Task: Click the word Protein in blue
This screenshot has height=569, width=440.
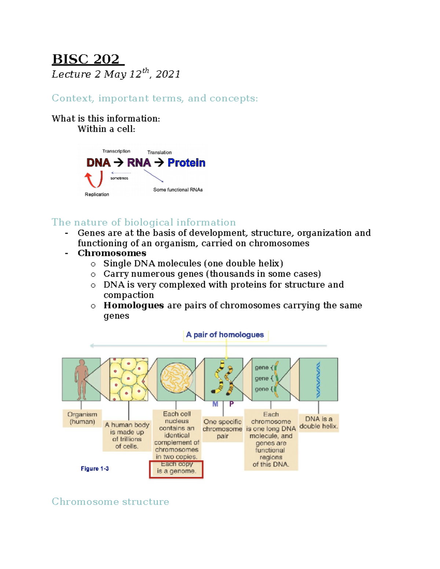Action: click(x=186, y=163)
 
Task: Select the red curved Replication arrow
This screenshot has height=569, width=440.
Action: click(x=94, y=180)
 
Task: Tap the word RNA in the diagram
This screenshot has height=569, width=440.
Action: click(x=139, y=163)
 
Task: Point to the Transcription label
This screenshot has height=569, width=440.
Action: click(x=116, y=151)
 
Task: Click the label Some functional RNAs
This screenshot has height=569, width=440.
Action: click(x=178, y=190)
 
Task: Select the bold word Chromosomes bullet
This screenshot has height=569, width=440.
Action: click(x=112, y=253)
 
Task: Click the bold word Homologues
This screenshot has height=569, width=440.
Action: click(x=133, y=305)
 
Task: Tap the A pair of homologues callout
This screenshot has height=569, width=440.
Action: click(x=225, y=335)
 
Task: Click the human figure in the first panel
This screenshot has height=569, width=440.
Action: click(x=81, y=379)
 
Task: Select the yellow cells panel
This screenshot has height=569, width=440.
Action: click(x=129, y=379)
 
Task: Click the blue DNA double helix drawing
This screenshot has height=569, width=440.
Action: click(x=318, y=380)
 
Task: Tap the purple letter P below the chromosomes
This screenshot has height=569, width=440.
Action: click(x=231, y=404)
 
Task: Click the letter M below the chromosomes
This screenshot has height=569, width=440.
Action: click(x=215, y=404)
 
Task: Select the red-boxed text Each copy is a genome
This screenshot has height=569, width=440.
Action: click(x=176, y=469)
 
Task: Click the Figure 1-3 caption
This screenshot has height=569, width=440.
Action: click(x=95, y=469)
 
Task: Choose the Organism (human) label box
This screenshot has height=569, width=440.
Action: click(x=82, y=418)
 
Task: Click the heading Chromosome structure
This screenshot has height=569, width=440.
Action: click(x=110, y=501)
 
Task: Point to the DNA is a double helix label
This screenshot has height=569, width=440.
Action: click(x=318, y=422)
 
